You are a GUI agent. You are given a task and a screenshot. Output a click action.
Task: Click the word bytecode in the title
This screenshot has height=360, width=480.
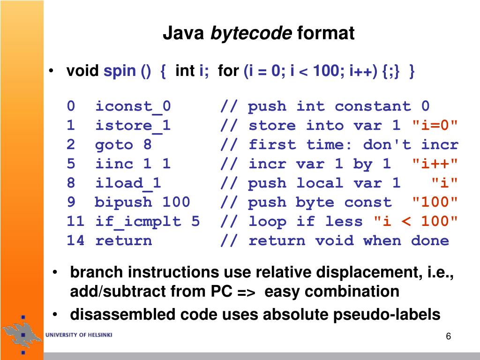(251, 34)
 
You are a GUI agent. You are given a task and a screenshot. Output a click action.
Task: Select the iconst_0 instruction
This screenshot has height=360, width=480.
(133, 106)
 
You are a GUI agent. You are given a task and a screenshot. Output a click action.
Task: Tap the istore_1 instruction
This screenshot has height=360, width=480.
(133, 126)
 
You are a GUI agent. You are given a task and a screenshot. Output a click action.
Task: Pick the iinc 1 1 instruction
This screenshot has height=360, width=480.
(133, 164)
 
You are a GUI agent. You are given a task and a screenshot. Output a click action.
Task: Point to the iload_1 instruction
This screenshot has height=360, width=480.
(128, 183)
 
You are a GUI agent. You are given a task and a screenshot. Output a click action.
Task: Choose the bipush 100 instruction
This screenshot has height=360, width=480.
(142, 202)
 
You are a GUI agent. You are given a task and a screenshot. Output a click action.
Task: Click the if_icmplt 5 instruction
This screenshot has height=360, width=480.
(147, 222)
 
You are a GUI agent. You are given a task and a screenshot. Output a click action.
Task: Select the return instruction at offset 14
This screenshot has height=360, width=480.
(123, 241)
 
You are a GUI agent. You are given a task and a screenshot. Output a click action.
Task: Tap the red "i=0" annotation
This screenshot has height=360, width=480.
(435, 126)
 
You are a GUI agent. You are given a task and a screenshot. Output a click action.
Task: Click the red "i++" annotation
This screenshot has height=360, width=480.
(435, 164)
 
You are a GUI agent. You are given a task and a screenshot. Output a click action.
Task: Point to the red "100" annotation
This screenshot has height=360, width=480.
(435, 202)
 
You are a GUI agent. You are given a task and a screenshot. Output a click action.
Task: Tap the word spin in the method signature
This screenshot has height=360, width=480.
(120, 72)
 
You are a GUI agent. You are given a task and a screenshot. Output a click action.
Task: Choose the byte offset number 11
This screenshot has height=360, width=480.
(75, 222)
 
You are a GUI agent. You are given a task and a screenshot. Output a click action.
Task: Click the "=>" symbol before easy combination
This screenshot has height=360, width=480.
(246, 292)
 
